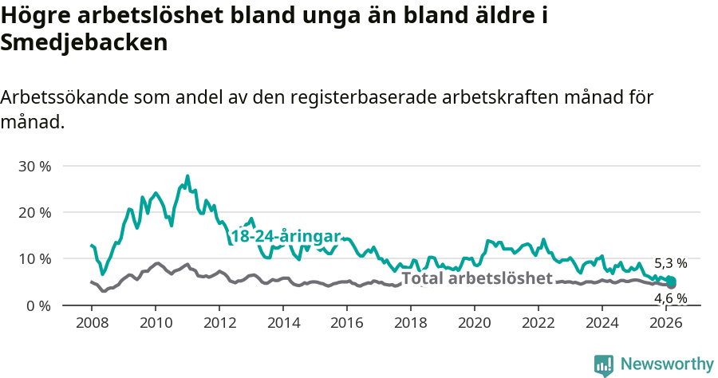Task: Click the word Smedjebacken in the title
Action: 84,43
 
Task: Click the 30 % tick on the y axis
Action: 35,167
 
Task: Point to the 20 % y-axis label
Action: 35,213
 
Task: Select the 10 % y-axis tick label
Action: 35,259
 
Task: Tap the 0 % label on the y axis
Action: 39,305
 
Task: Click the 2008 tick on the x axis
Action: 92,323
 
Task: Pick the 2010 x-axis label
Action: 156,323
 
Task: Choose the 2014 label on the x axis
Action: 283,323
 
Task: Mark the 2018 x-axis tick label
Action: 411,323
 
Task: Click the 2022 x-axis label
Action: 538,323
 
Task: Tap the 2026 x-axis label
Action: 666,323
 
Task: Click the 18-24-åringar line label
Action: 286,237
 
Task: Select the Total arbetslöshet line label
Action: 476,278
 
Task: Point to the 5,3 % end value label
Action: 670,263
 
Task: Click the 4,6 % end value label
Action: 670,299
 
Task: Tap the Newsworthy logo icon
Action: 604,365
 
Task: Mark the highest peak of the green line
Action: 187,176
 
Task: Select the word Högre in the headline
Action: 33,15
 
